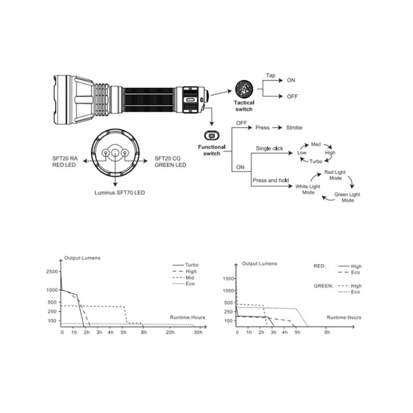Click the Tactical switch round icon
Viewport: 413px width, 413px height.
click(x=244, y=89)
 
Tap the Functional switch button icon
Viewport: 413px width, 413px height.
click(x=212, y=135)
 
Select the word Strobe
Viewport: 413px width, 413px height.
click(x=294, y=128)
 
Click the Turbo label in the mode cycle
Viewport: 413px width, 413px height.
click(x=316, y=161)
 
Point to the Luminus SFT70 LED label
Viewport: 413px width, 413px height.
click(x=120, y=193)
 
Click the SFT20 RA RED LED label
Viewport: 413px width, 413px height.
click(x=65, y=162)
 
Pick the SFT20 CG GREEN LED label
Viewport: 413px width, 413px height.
click(x=170, y=162)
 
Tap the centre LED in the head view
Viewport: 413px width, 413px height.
click(x=115, y=153)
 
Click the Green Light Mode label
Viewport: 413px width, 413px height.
click(x=347, y=197)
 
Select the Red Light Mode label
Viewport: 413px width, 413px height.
click(x=335, y=175)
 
